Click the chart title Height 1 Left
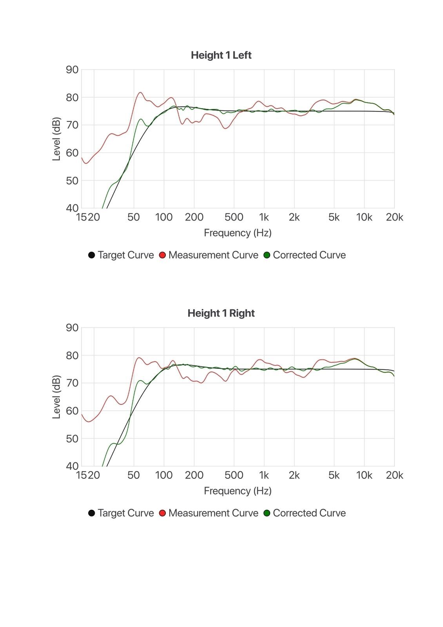[x=221, y=55]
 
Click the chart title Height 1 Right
[x=221, y=313]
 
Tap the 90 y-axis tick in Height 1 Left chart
[x=72, y=70]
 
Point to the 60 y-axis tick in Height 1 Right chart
[x=72, y=411]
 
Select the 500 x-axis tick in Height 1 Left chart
[x=234, y=217]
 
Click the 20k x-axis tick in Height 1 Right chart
[x=394, y=475]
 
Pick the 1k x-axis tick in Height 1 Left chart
[x=264, y=217]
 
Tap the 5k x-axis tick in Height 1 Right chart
[x=334, y=475]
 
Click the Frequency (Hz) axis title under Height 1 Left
[x=238, y=233]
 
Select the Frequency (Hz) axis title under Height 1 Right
[x=238, y=491]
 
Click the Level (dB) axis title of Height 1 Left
[x=56, y=139]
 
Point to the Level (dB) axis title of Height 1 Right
[x=56, y=397]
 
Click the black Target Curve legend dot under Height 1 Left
[x=91, y=255]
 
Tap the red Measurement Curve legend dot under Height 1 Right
[x=162, y=513]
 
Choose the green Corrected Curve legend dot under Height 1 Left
[x=267, y=255]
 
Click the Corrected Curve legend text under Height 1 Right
[x=309, y=513]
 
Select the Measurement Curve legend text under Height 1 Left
[x=213, y=255]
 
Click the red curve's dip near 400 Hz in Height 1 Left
[x=225, y=128]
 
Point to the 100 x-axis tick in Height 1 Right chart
[x=164, y=475]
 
